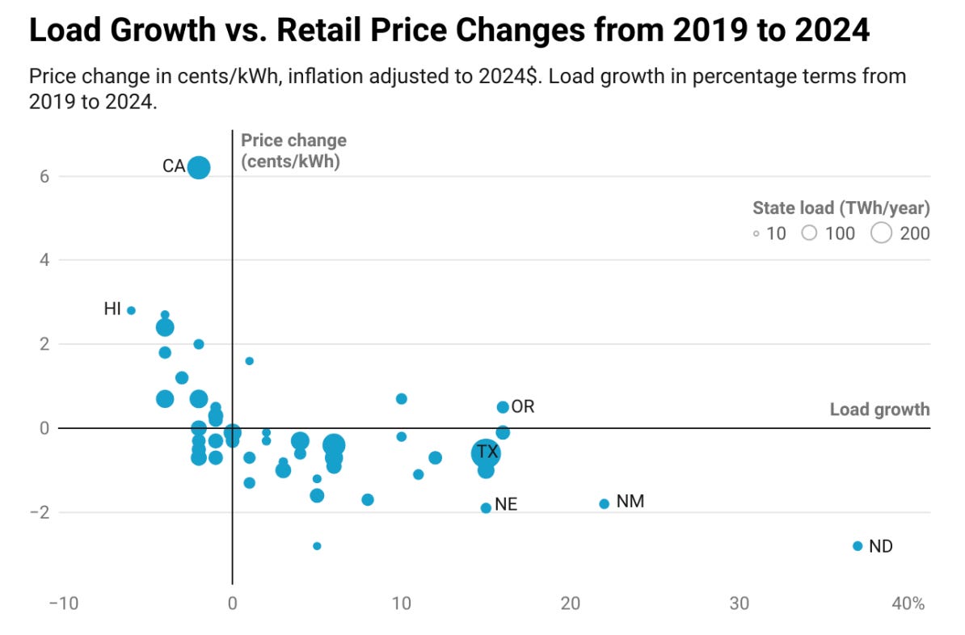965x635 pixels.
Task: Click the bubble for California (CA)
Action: (x=199, y=167)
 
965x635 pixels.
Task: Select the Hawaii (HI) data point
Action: (x=131, y=310)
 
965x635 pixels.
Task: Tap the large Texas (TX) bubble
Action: (x=486, y=453)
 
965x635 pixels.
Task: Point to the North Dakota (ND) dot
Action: (x=858, y=546)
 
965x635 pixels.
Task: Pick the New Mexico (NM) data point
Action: (x=604, y=504)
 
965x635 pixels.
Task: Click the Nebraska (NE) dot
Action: (x=486, y=508)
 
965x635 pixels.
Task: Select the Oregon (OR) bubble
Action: (x=503, y=407)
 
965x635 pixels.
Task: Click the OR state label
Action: (x=523, y=406)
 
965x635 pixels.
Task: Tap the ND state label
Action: (x=881, y=547)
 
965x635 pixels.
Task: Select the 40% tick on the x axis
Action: (x=908, y=603)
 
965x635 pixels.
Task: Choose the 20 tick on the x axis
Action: (x=571, y=603)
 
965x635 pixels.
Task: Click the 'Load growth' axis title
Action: (x=879, y=410)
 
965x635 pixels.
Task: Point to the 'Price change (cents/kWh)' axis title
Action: (x=293, y=150)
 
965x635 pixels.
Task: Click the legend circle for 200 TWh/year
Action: (x=882, y=233)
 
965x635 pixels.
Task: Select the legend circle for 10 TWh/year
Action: (x=756, y=234)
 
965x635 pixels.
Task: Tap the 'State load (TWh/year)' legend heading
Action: (x=841, y=208)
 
